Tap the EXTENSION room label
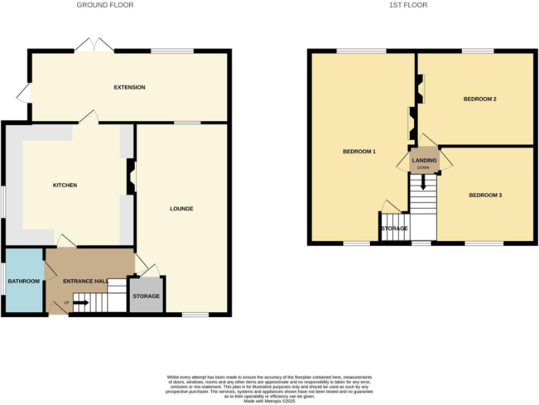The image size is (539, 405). click(x=130, y=88)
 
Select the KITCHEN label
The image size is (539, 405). click(x=65, y=186)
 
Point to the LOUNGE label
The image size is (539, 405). click(x=181, y=209)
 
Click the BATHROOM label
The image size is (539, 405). click(x=24, y=281)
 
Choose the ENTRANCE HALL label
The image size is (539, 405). click(x=86, y=281)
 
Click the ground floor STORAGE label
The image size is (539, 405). click(x=146, y=296)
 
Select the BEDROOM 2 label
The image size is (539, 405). click(x=480, y=99)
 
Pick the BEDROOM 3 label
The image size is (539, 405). click(x=486, y=195)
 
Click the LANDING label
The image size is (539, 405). click(x=424, y=160)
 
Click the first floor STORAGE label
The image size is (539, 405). click(x=394, y=229)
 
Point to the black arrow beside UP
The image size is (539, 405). click(x=79, y=303)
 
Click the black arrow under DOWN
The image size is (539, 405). click(x=423, y=184)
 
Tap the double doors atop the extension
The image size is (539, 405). click(x=95, y=45)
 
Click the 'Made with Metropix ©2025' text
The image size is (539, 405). click(x=269, y=401)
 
